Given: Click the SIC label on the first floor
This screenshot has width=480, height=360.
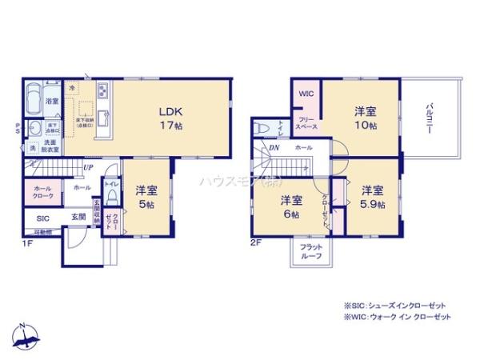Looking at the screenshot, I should [41, 217].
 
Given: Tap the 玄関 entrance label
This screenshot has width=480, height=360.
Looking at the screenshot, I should [77, 217].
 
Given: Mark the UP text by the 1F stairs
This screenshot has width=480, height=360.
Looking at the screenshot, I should [89, 167].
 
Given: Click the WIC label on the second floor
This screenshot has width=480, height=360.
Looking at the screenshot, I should [306, 94].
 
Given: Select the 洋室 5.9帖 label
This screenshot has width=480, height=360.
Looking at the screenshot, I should [371, 197].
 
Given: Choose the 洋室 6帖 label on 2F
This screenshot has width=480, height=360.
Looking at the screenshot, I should [290, 206].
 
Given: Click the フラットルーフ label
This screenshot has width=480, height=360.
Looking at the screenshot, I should [311, 251].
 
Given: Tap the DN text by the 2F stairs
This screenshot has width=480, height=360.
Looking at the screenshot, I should [274, 148].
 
